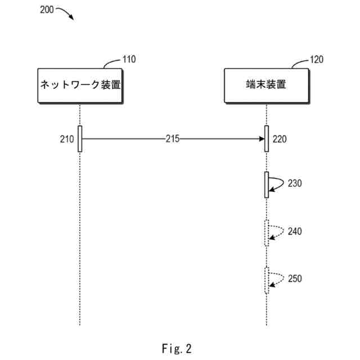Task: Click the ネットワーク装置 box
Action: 80,85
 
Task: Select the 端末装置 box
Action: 266,85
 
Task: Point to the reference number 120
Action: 317,59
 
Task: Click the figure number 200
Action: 47,10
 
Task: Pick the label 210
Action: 66,139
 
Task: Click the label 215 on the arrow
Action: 173,139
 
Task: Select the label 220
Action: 280,139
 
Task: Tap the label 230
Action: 295,183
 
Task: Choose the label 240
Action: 295,231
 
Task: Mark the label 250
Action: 295,278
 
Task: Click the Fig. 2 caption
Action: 176,349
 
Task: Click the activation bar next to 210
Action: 80,138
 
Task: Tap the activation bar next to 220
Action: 267,138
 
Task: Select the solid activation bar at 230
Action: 267,184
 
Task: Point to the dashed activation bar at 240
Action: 267,233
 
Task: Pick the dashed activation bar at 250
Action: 267,280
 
